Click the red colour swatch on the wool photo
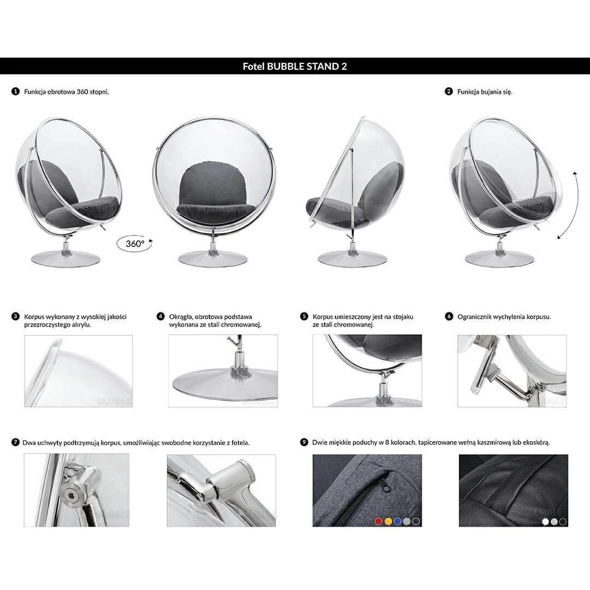[x=379, y=521]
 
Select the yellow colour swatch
[x=388, y=521]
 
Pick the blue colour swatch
[x=397, y=521]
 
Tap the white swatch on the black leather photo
[x=545, y=522]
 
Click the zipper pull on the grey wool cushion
[x=386, y=487]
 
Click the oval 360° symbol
[x=135, y=244]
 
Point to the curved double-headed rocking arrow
[x=568, y=205]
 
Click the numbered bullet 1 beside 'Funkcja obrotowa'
[x=15, y=91]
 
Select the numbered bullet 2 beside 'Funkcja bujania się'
[x=449, y=91]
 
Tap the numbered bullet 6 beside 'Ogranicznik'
[x=449, y=316]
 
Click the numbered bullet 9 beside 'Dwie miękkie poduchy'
[x=304, y=442]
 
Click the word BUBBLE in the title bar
[x=285, y=67]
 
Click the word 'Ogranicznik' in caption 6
[x=475, y=317]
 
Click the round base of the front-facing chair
[x=213, y=258]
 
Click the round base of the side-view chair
[x=352, y=258]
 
